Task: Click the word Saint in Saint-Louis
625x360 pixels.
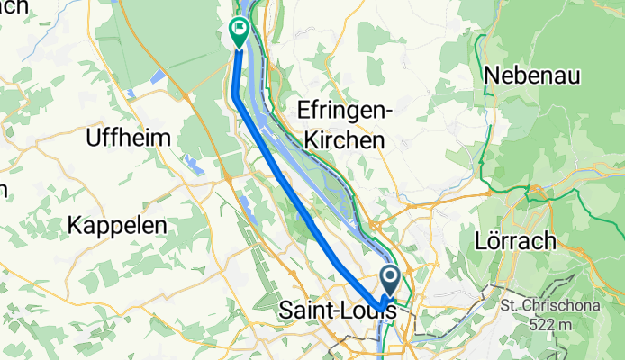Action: [x=306, y=309]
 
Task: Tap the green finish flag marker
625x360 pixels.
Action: [x=240, y=33]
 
